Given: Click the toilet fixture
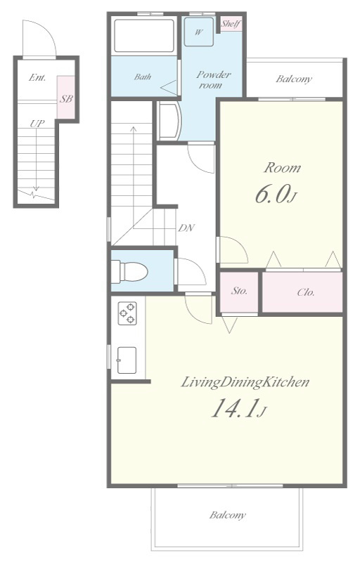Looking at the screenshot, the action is tap(129, 271).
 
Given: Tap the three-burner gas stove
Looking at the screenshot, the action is tap(127, 313).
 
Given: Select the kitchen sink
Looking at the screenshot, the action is tap(127, 360).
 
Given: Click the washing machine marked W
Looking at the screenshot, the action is tap(199, 32).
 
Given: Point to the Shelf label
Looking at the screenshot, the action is tap(231, 24).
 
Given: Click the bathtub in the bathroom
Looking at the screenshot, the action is tap(144, 36).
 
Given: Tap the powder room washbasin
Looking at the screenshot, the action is tap(169, 121).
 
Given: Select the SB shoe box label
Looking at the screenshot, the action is tap(66, 99).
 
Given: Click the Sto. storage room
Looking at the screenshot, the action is tap(239, 292).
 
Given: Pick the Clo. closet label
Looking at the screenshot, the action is tap(306, 292).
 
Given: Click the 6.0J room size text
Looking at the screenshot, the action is tap(276, 196).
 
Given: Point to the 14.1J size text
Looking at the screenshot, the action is tap(238, 410).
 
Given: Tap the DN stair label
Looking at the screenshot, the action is tap(186, 228).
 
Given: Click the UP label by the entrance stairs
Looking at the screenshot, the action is tap(37, 124).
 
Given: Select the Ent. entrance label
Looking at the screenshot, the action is tap(37, 77).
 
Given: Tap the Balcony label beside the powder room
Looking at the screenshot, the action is tap(294, 79).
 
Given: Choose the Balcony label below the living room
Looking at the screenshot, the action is tap(228, 516).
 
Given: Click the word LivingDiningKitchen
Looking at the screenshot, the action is tap(245, 383).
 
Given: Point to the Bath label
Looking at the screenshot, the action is tap(143, 77).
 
